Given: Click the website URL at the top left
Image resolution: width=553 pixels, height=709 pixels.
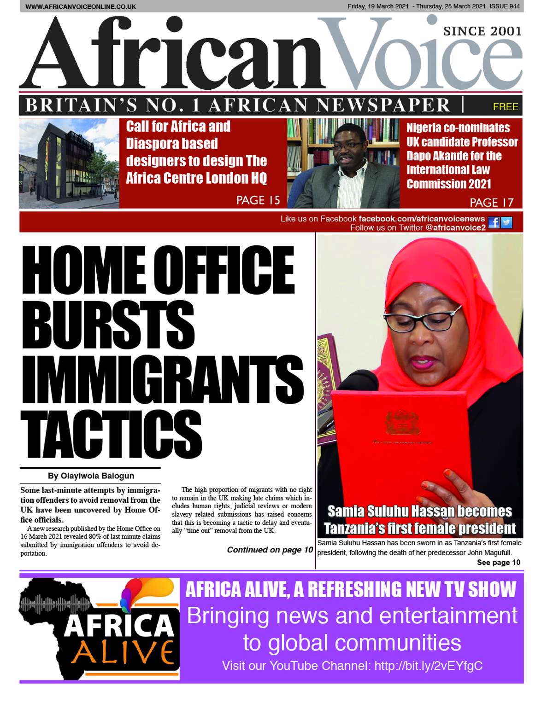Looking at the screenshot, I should (81, 6).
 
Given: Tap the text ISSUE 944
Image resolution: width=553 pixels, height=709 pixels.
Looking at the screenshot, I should (505, 6).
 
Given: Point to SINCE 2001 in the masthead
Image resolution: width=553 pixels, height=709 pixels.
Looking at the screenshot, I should (482, 31).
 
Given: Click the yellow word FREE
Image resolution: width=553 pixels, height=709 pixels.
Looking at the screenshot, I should (505, 107).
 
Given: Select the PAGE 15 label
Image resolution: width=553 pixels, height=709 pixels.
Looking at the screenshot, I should (258, 200).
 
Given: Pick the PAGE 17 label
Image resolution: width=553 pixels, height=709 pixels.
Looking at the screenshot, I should (491, 203).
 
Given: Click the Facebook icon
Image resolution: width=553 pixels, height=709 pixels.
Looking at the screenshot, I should (494, 223).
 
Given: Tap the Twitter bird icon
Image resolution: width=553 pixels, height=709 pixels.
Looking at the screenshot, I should (506, 223).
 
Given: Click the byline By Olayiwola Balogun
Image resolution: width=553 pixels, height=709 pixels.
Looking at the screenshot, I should (91, 476).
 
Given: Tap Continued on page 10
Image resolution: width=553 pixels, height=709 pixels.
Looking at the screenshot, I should (270, 550).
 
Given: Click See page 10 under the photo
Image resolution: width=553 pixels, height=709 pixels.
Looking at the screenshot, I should (498, 562).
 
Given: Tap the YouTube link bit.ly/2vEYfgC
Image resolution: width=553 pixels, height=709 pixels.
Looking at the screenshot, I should (428, 666).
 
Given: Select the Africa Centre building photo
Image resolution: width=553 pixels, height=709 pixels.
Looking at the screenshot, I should (69, 163).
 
